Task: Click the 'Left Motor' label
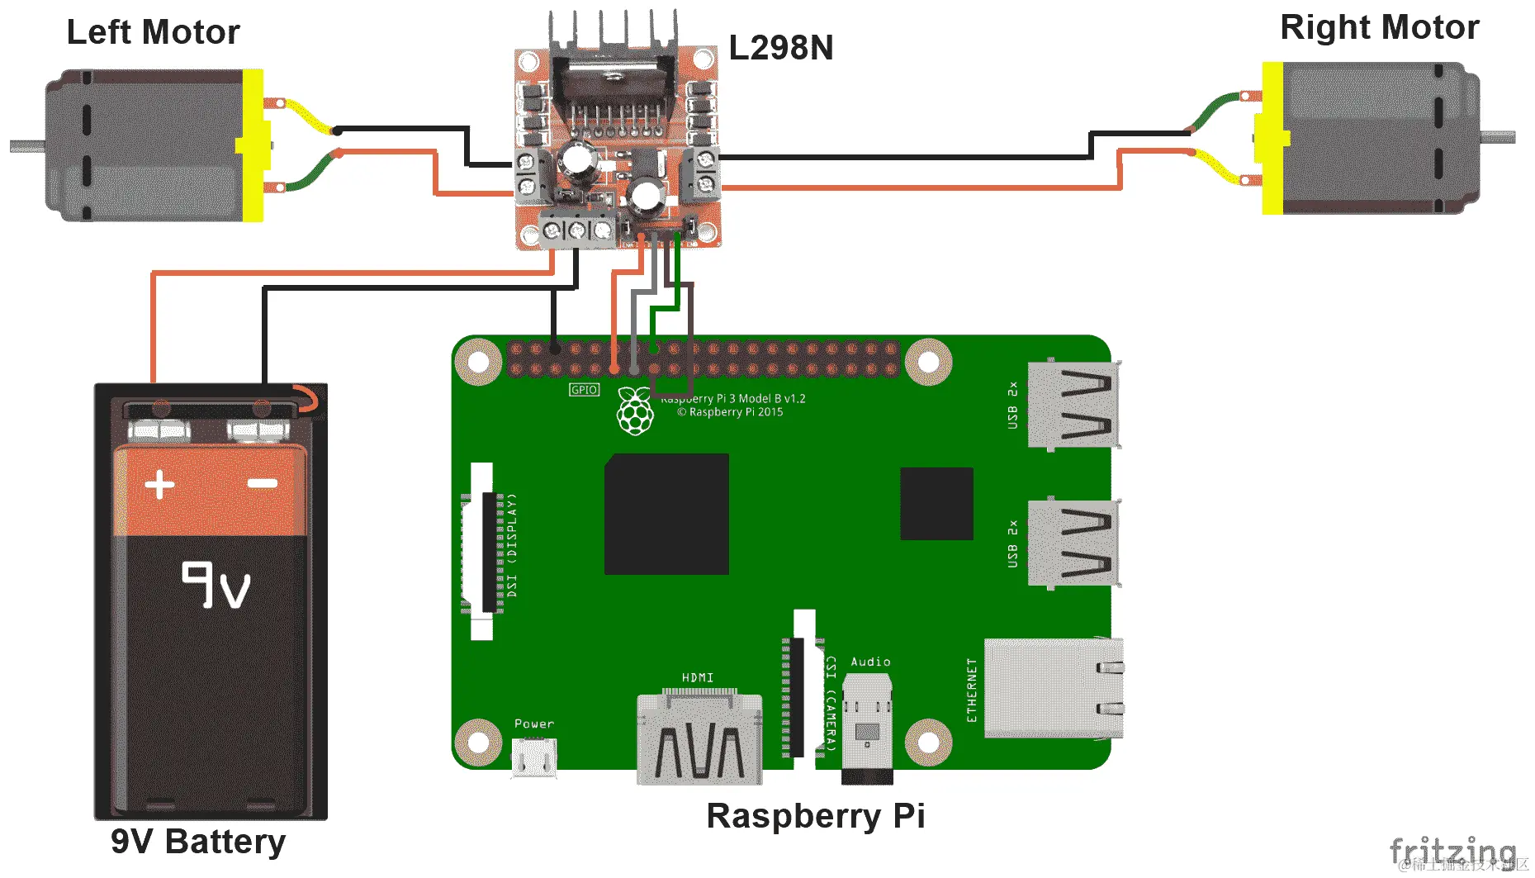pos(153,32)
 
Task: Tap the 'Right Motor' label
pos(1379,27)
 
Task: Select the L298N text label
pos(780,48)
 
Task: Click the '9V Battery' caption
pos(198,842)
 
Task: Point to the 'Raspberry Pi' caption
pos(816,816)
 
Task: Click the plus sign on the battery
pos(159,485)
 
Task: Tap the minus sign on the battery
pos(263,483)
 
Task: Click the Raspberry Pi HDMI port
pos(699,738)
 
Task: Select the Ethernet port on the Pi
pos(1053,688)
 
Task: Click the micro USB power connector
pos(534,757)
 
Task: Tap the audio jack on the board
pos(867,727)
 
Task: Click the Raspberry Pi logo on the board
pos(635,411)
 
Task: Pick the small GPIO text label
pos(584,390)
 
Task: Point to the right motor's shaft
pos(1498,136)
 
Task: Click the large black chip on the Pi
pos(666,514)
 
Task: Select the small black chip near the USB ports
pos(936,504)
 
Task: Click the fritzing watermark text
pos(1452,851)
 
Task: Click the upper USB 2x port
pos(1072,405)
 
